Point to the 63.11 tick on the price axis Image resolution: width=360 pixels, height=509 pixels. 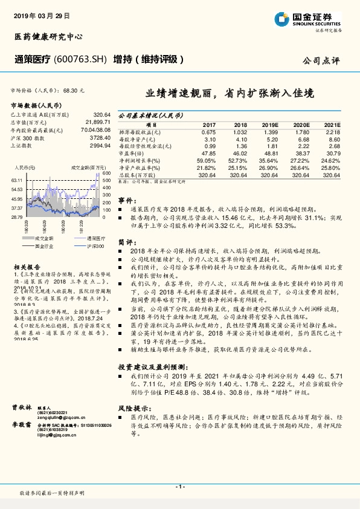(x=16, y=181)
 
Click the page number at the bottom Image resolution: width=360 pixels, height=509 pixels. (x=180, y=487)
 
